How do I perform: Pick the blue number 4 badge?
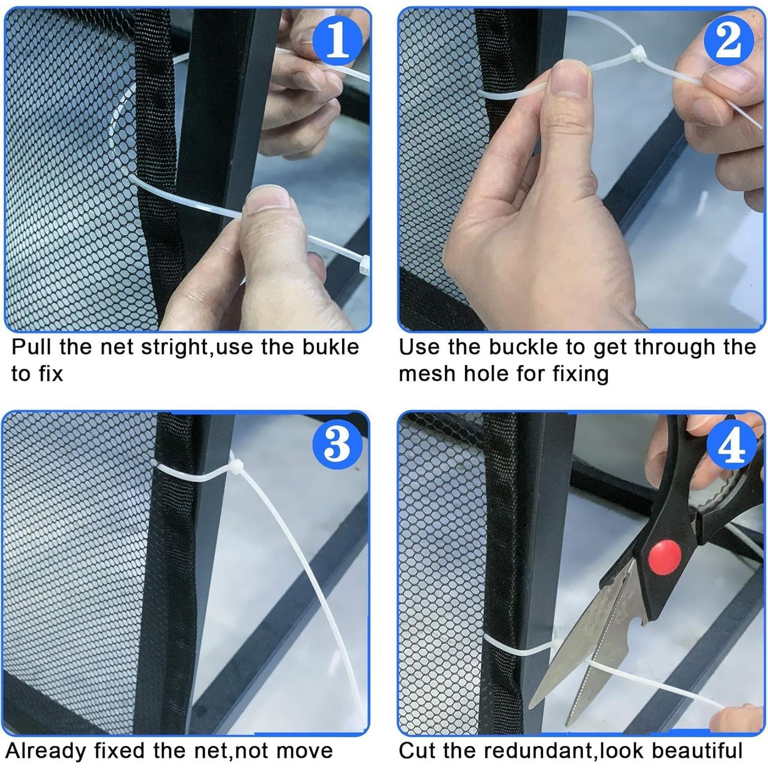point(732,443)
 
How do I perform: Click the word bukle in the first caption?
point(330,347)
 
